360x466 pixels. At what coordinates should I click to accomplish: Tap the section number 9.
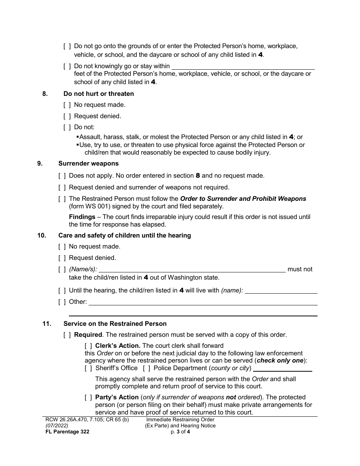[40, 164]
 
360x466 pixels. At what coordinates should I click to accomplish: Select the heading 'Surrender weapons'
[88, 164]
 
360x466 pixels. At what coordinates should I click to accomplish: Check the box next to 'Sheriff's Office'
[88, 368]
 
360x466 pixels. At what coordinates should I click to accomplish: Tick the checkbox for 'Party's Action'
[88, 397]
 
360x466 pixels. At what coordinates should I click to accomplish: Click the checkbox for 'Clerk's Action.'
[88, 346]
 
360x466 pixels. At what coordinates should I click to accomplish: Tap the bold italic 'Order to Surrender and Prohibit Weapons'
[243, 199]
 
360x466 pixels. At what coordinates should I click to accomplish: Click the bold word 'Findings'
[82, 217]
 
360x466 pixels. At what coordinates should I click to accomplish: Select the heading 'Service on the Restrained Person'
[115, 324]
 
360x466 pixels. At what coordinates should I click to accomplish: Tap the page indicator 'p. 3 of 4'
[180, 432]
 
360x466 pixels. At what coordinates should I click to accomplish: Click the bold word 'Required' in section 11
[88, 335]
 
